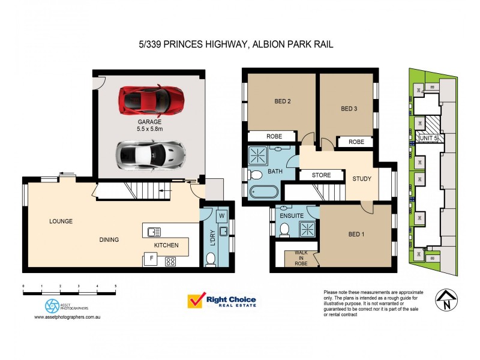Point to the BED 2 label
pyautogui.click(x=281, y=101)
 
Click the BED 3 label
pyautogui.click(x=349, y=109)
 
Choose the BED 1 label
pyautogui.click(x=356, y=235)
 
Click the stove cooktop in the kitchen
pyautogui.click(x=170, y=261)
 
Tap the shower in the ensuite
pyautogui.click(x=307, y=229)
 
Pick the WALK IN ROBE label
pyautogui.click(x=301, y=258)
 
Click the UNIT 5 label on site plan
pyautogui.click(x=427, y=138)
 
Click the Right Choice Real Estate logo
pyautogui.click(x=222, y=301)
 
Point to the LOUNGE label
pyautogui.click(x=61, y=221)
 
